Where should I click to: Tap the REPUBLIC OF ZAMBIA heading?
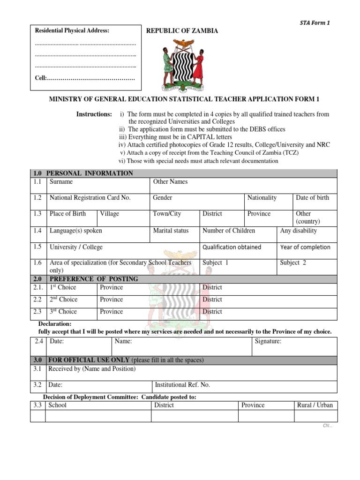pyautogui.click(x=182, y=31)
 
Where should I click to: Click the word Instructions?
pyautogui.click(x=94, y=114)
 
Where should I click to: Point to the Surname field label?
pyautogui.click(x=61, y=182)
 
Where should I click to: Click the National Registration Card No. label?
pyautogui.click(x=90, y=198)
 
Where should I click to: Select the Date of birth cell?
pyautogui.click(x=313, y=198)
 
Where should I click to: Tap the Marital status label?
pyautogui.click(x=171, y=231)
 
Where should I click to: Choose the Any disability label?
pyautogui.click(x=298, y=231)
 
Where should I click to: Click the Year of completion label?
pyautogui.click(x=305, y=247)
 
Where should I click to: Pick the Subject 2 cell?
pyautogui.click(x=293, y=263)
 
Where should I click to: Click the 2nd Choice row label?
pyautogui.click(x=64, y=300)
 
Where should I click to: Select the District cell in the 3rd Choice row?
pyautogui.click(x=212, y=312)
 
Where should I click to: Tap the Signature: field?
pyautogui.click(x=268, y=342)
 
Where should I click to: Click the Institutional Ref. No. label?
pyautogui.click(x=182, y=385)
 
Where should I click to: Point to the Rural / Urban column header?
pyautogui.click(x=315, y=405)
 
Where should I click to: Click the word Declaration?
pyautogui.click(x=54, y=324)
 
